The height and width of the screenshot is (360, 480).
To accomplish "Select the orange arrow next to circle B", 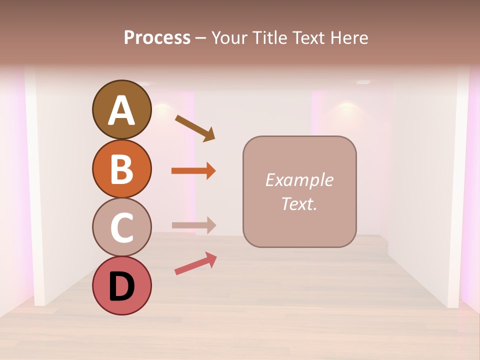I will [193, 171].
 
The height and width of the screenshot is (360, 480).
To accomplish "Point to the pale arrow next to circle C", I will [193, 225].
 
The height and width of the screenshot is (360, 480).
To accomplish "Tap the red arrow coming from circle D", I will [195, 263].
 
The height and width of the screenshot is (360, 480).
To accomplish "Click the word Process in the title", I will [157, 38].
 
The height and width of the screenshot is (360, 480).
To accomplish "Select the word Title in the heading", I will [268, 38].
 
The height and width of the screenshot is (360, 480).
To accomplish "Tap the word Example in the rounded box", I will [299, 180].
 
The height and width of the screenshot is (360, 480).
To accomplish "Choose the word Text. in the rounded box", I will [299, 203].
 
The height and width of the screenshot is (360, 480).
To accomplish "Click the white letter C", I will [121, 227].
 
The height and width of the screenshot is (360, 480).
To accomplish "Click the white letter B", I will [121, 169].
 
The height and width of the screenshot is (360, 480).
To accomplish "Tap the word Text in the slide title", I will [308, 38].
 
